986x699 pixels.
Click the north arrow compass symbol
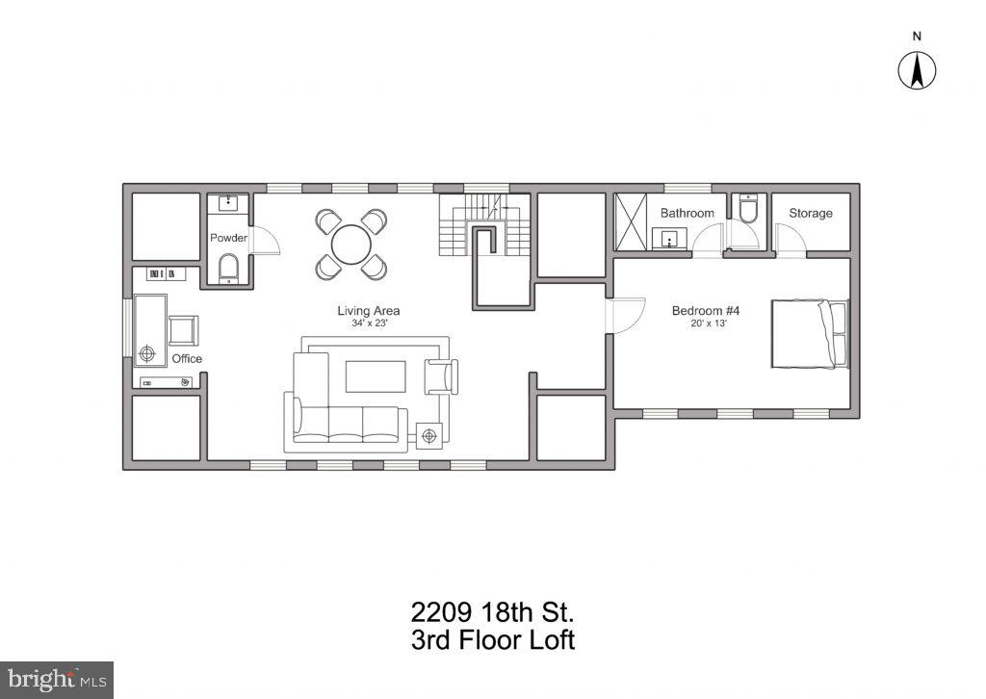[x=918, y=70]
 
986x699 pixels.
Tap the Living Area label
[x=368, y=310]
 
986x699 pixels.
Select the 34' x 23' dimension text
[x=368, y=324]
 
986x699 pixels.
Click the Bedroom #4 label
[x=705, y=310]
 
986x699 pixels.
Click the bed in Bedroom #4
[x=809, y=333]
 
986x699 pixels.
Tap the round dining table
[x=351, y=245]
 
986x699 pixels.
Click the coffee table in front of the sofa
[x=376, y=376]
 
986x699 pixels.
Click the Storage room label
[x=810, y=213]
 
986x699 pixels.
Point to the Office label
[x=187, y=358]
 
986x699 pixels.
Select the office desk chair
[x=183, y=330]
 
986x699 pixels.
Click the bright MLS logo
[x=56, y=679]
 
